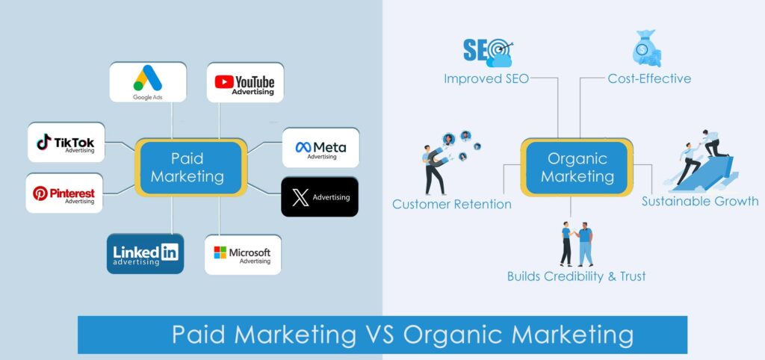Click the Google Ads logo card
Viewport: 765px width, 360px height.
[148, 82]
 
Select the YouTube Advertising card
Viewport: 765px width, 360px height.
[244, 82]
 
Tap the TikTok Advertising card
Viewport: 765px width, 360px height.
[66, 143]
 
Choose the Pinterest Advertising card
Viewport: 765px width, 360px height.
[64, 193]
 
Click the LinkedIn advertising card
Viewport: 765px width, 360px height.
[145, 253]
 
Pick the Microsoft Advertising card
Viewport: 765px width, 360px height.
[242, 254]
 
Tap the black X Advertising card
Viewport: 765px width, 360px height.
[320, 197]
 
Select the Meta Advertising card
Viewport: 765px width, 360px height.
[320, 148]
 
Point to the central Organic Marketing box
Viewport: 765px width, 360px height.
[577, 167]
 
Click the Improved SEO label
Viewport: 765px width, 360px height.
[486, 78]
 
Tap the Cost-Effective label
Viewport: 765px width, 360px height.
[649, 78]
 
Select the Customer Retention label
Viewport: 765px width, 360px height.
[452, 204]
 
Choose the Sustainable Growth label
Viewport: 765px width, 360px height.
[700, 201]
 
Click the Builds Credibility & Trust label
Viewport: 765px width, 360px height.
[576, 276]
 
